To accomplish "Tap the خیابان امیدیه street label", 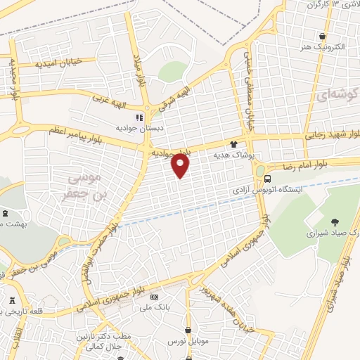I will coord(59,63).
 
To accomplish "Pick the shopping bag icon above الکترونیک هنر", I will coord(322,37).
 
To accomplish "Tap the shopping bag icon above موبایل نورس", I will coord(188,329).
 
